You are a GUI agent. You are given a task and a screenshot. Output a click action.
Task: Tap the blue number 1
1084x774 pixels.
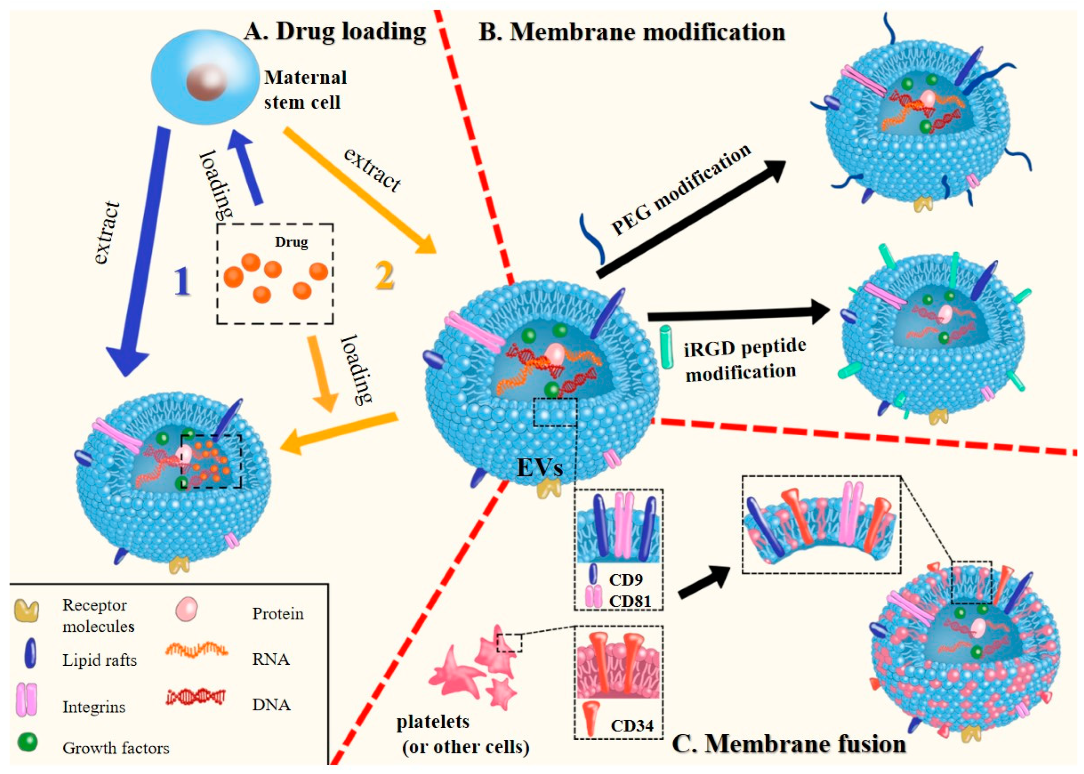182,282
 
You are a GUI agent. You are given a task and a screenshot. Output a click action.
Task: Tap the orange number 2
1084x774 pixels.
384,276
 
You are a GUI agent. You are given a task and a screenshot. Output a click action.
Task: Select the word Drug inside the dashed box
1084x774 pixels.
291,242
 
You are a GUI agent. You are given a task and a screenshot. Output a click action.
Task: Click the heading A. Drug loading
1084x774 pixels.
335,32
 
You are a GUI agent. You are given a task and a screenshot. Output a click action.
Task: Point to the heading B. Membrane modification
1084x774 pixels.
631,33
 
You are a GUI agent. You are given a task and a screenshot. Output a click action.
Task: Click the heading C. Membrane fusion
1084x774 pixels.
789,744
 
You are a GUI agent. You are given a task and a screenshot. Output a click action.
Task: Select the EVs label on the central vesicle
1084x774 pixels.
540,468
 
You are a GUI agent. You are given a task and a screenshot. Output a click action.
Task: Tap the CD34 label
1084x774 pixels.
631,726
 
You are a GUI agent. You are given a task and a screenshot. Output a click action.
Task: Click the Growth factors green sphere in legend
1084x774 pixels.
28,742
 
